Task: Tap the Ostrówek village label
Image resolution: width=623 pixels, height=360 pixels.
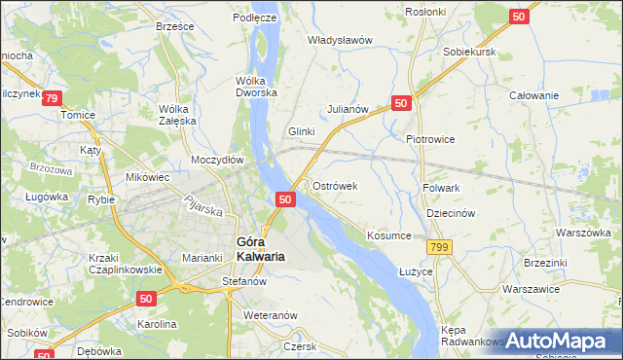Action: point(336,185)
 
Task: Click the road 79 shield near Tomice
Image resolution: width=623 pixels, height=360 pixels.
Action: point(52,98)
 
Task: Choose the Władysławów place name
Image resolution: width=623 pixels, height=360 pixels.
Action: point(341,40)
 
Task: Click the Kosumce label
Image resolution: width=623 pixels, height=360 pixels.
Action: point(389,235)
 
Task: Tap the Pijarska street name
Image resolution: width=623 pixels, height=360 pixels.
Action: point(205,207)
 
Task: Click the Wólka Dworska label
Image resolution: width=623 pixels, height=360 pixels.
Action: point(257,86)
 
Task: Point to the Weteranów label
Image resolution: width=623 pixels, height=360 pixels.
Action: point(270,315)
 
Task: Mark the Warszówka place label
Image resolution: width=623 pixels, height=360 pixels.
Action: point(583,234)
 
